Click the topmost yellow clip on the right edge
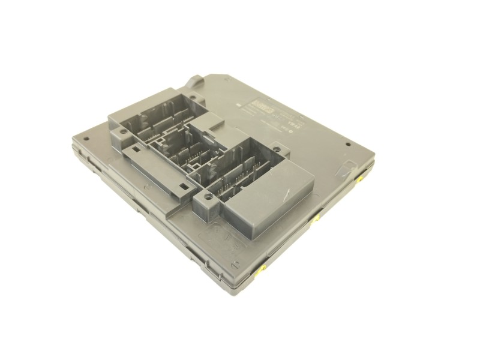362,179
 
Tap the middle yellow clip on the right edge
317,219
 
